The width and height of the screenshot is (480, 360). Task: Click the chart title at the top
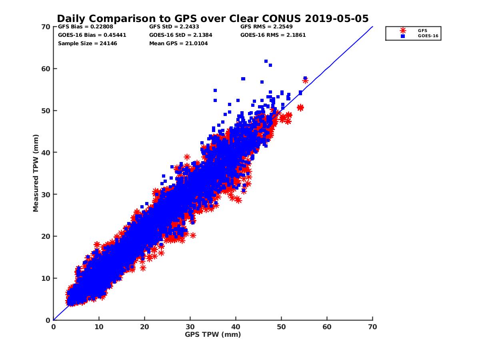pyautogui.click(x=212, y=19)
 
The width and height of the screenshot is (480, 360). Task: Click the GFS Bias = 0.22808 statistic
pyautogui.click(x=86, y=27)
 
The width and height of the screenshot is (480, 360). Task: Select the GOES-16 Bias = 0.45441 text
pyautogui.click(x=92, y=35)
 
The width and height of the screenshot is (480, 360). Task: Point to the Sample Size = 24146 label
pyautogui.click(x=88, y=43)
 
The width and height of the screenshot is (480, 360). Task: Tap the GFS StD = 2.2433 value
pyautogui.click(x=174, y=27)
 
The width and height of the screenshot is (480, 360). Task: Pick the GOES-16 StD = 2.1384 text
pyautogui.click(x=180, y=35)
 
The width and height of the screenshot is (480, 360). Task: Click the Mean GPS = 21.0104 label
pyautogui.click(x=178, y=43)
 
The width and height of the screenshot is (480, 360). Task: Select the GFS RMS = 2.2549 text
pyautogui.click(x=266, y=27)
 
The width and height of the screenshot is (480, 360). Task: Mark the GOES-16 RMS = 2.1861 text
pyautogui.click(x=273, y=35)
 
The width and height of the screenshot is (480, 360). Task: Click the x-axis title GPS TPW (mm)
pyautogui.click(x=213, y=334)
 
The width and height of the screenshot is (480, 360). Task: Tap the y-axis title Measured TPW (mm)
pyautogui.click(x=36, y=173)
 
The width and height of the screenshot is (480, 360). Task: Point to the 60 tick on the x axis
pyautogui.click(x=327, y=327)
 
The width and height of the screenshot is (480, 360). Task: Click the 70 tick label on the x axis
pyautogui.click(x=372, y=327)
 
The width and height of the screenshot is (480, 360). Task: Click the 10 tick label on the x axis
pyautogui.click(x=99, y=327)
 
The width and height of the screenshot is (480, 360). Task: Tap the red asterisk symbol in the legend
pyautogui.click(x=403, y=30)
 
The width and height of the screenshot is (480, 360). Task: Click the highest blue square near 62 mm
pyautogui.click(x=266, y=61)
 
